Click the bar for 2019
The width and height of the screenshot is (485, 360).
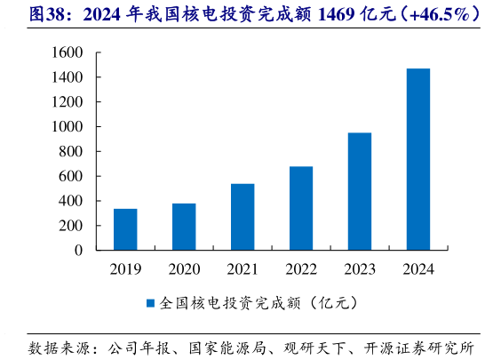click(125, 229)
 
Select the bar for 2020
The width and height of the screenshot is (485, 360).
click(184, 227)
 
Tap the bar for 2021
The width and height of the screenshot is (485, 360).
click(242, 217)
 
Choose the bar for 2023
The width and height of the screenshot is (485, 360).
click(360, 191)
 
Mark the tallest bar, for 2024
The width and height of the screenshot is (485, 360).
click(418, 159)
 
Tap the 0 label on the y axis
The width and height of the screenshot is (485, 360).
click(79, 251)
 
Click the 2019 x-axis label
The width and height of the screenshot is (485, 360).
click(125, 268)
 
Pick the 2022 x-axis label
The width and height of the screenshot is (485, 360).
click(301, 268)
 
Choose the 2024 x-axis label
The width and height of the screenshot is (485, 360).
click(418, 268)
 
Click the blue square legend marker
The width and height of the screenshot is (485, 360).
click(150, 303)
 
